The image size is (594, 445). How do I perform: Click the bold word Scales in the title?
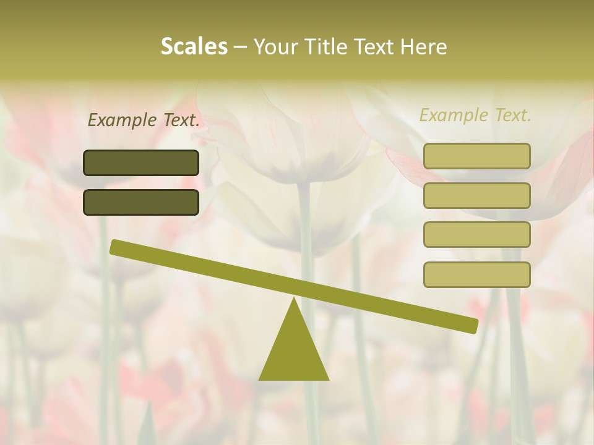[194, 46]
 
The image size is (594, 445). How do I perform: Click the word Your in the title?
[275, 47]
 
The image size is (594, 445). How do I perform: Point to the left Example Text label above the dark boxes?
[144, 120]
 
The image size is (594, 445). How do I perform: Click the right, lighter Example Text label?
[475, 115]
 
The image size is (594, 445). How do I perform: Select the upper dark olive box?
[141, 163]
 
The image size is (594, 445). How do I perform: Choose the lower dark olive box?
[141, 202]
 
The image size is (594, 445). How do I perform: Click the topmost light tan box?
[476, 156]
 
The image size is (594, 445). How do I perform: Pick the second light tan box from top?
[476, 195]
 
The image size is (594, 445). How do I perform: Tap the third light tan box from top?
[476, 235]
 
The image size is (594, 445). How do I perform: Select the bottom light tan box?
[476, 274]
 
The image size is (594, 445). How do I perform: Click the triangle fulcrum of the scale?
[294, 349]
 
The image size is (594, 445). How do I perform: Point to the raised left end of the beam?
[115, 247]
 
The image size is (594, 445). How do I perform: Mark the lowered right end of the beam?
[473, 326]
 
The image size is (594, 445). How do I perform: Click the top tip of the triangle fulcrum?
[295, 299]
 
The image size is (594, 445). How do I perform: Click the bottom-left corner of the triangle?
[260, 379]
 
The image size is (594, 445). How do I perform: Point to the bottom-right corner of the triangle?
[328, 379]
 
